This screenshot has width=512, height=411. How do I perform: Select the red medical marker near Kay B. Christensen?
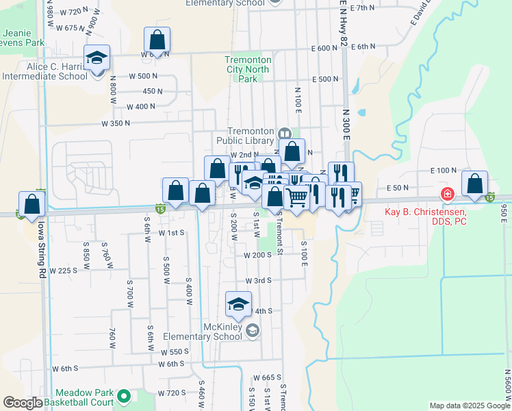coord(448,195)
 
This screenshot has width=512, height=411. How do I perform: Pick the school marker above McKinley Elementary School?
coord(238,305)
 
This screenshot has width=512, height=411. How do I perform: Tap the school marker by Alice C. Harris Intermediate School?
coord(97,58)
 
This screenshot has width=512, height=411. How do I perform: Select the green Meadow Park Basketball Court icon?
coord(124,396)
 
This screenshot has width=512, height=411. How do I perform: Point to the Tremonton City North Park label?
coord(248,69)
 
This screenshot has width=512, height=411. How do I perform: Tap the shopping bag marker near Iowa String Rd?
coord(31,204)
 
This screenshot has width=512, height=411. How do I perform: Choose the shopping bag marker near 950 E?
coord(474,184)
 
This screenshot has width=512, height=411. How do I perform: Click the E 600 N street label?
coord(324,49)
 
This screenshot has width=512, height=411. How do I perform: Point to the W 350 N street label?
coord(115,124)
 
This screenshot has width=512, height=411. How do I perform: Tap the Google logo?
coord(23,403)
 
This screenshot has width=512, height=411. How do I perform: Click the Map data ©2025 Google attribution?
coord(468,406)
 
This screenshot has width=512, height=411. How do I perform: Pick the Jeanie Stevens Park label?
coord(23,38)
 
